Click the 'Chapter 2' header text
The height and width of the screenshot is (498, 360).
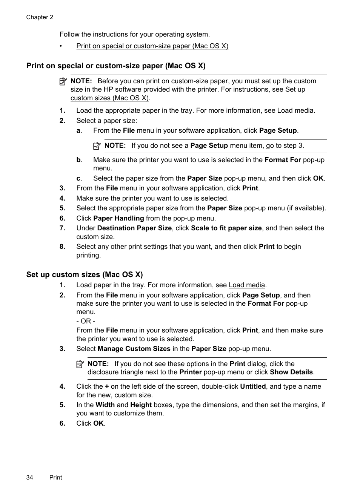(x=40, y=17)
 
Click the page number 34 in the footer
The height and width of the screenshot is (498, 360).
(x=30, y=477)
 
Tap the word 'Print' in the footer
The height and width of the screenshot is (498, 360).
(x=55, y=477)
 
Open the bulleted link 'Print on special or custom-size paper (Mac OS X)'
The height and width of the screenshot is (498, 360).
(x=152, y=46)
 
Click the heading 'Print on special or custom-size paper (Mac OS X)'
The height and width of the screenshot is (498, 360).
(x=116, y=66)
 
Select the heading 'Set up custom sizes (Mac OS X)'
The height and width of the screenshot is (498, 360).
(x=85, y=274)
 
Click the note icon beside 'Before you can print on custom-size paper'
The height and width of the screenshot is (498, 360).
(x=63, y=81)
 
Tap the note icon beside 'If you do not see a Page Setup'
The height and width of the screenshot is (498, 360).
(x=97, y=146)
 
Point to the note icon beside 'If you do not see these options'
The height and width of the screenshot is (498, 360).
(x=80, y=364)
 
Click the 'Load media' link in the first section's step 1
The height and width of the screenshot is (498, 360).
(x=295, y=110)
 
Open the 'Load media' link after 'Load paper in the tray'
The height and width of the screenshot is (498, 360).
(x=247, y=285)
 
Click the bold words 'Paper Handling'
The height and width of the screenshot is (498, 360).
(x=118, y=218)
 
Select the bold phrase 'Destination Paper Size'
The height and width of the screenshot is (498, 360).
(x=134, y=228)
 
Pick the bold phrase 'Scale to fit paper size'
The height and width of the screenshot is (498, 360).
(x=226, y=228)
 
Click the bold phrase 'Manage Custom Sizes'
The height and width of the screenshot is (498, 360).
(x=134, y=349)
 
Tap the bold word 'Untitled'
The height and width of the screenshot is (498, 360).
(x=253, y=386)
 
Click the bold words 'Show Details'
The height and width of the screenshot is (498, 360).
(x=291, y=372)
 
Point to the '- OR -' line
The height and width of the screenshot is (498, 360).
(x=86, y=321)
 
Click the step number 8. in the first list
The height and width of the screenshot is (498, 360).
(x=62, y=247)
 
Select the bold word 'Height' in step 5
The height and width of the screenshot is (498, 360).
(x=141, y=405)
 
